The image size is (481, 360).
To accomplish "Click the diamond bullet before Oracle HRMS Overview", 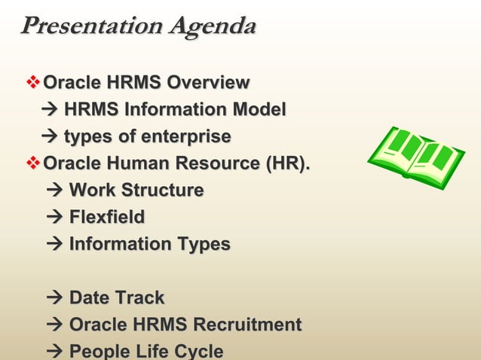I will click(x=33, y=82).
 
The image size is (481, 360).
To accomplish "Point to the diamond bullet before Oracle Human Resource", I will click(x=33, y=163).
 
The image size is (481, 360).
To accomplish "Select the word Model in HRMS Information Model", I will click(x=261, y=110).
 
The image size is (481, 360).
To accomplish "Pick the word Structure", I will click(x=164, y=191).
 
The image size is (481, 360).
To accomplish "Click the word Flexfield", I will click(x=107, y=218).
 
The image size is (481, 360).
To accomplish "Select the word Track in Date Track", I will click(x=139, y=298).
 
